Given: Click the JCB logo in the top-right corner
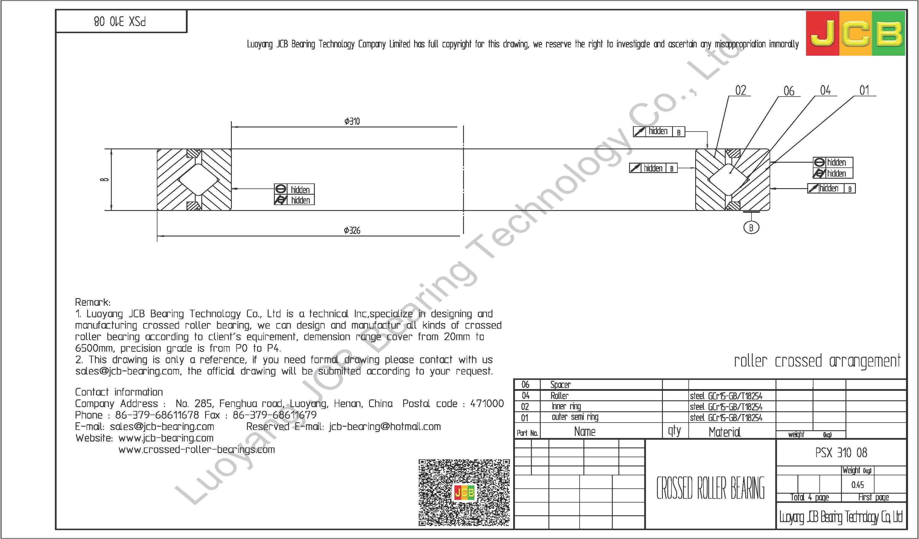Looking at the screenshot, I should pyautogui.click(x=855, y=33).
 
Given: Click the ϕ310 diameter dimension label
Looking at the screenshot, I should pyautogui.click(x=352, y=121).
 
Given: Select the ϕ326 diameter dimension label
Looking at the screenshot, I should pyautogui.click(x=352, y=230).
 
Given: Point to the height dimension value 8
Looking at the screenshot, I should pyautogui.click(x=105, y=179).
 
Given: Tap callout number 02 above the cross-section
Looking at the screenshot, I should pyautogui.click(x=740, y=90).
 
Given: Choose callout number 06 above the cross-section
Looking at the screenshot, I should pyautogui.click(x=789, y=91).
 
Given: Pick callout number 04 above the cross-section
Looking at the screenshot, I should pyautogui.click(x=825, y=90).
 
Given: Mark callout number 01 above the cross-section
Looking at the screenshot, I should pyautogui.click(x=864, y=90).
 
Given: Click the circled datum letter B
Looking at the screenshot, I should pyautogui.click(x=751, y=228).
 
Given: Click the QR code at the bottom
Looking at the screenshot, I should pyautogui.click(x=464, y=492).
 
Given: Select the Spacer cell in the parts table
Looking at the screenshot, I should pyautogui.click(x=560, y=385).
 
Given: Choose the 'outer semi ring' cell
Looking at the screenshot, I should pyautogui.click(x=575, y=417).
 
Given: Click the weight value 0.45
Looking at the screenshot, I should pyautogui.click(x=857, y=485).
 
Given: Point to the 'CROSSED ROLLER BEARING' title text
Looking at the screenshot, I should pyautogui.click(x=710, y=488).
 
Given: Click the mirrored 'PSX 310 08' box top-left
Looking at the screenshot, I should pyautogui.click(x=120, y=22).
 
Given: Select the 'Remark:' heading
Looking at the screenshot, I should pyautogui.click(x=92, y=302).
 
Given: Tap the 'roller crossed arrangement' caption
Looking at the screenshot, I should pyautogui.click(x=817, y=361).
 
